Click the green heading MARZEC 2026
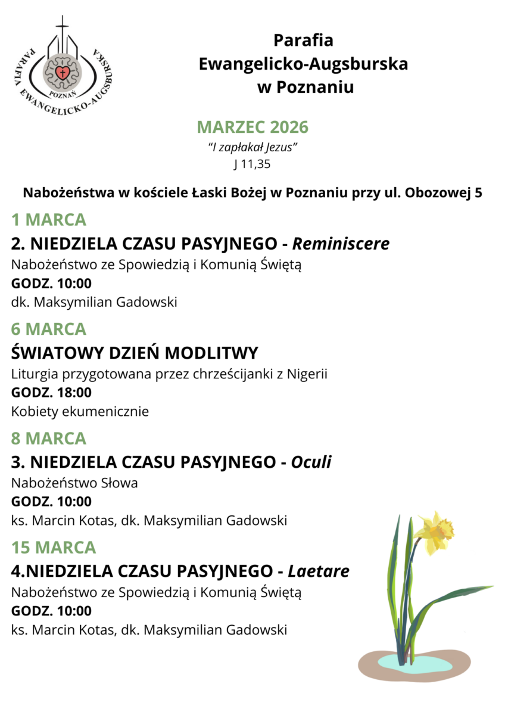[253, 127]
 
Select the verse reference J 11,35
[252, 164]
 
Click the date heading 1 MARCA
[49, 220]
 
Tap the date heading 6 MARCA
[49, 329]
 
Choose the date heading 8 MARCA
[49, 439]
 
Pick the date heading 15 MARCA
[54, 548]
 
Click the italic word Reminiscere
[341, 244]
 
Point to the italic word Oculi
[311, 462]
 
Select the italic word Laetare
[319, 571]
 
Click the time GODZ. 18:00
[51, 393]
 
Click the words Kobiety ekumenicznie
[80, 411]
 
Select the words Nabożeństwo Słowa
[74, 483]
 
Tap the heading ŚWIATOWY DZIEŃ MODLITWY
[135, 353]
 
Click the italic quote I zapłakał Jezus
[252, 147]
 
